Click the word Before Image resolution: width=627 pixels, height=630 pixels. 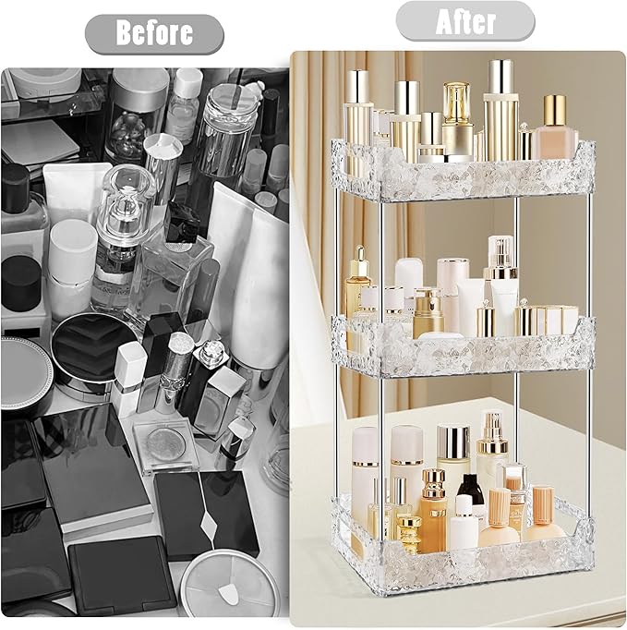154,34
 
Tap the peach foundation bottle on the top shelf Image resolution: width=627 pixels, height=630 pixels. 554,129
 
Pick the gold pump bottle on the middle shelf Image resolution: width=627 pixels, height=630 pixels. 427,314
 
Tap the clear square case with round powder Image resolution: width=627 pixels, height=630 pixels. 167,443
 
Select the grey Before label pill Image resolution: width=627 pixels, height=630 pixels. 154,34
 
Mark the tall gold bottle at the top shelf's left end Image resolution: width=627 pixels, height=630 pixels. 359,115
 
